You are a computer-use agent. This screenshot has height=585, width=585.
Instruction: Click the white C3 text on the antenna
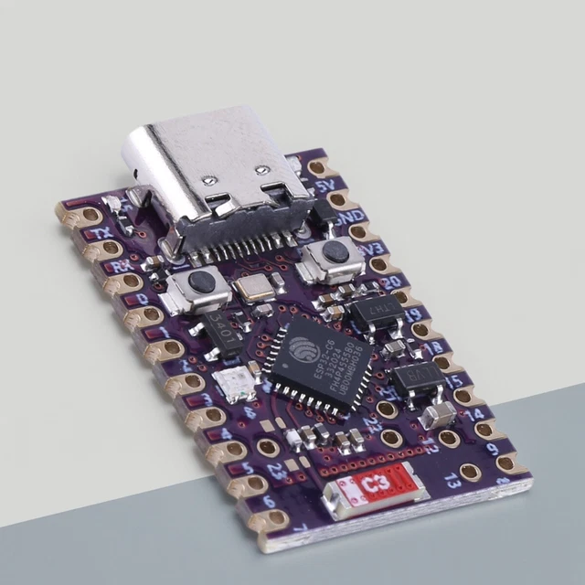tap(374, 483)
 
